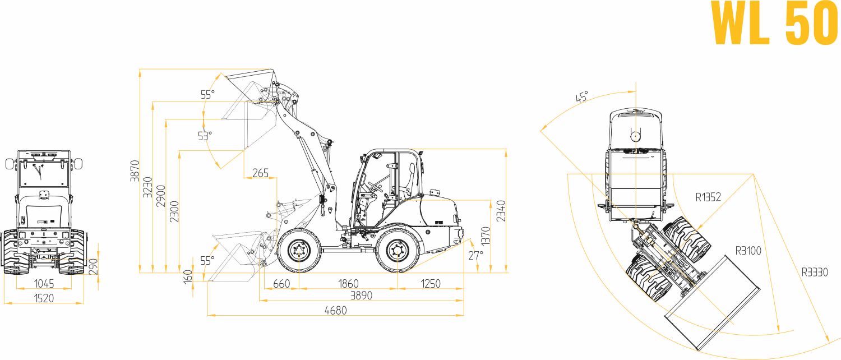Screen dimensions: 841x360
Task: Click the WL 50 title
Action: tap(774, 24)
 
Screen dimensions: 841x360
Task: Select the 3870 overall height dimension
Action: tap(135, 171)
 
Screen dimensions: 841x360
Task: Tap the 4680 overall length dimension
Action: tap(336, 311)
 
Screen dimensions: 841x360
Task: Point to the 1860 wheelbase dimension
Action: tap(348, 283)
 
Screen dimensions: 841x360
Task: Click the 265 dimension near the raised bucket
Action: tap(260, 173)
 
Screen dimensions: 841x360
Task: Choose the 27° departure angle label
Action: tap(475, 255)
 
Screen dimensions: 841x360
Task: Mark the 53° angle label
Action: tap(205, 136)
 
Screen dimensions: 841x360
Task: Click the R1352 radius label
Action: tap(708, 197)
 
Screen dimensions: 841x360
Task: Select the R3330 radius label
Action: tap(815, 272)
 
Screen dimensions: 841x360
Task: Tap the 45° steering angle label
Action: tap(582, 96)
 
